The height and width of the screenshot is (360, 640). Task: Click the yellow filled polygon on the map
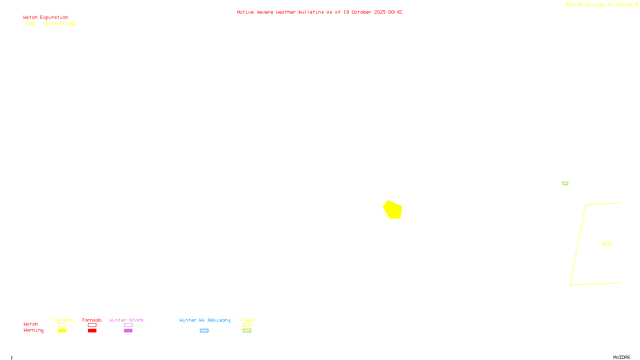click(x=393, y=210)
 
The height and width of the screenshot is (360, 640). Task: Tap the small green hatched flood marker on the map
click(x=565, y=184)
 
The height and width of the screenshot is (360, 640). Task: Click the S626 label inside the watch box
click(x=607, y=244)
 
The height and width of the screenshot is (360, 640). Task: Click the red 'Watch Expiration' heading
click(x=46, y=18)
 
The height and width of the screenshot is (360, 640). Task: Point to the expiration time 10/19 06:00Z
click(x=60, y=24)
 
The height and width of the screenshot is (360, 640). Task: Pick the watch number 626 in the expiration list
click(x=30, y=24)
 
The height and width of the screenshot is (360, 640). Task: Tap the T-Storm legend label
click(x=62, y=320)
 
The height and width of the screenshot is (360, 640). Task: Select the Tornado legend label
click(x=92, y=320)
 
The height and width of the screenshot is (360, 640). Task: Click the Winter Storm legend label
click(x=126, y=320)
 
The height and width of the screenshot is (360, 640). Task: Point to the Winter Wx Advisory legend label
click(x=205, y=320)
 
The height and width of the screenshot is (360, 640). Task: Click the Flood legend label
click(x=247, y=320)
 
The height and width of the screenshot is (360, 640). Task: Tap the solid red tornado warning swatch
click(x=92, y=331)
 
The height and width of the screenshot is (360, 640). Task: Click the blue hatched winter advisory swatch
click(x=204, y=331)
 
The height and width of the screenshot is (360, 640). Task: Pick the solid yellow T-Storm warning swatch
click(x=62, y=331)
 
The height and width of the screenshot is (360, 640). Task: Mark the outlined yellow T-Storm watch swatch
click(x=62, y=325)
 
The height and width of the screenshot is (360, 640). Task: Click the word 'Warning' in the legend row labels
click(x=33, y=330)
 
